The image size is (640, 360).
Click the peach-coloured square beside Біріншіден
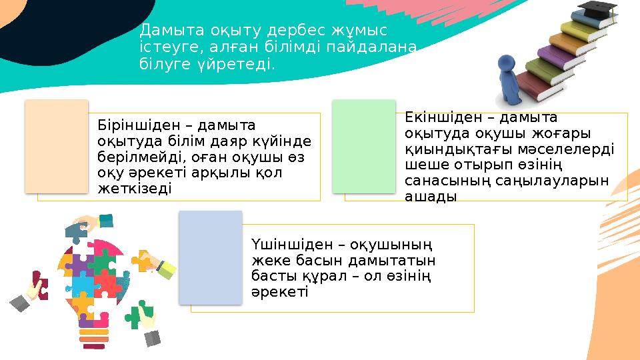point(57,147)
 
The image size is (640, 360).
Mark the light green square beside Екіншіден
point(363,146)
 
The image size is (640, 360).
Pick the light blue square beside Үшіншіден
point(211,257)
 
